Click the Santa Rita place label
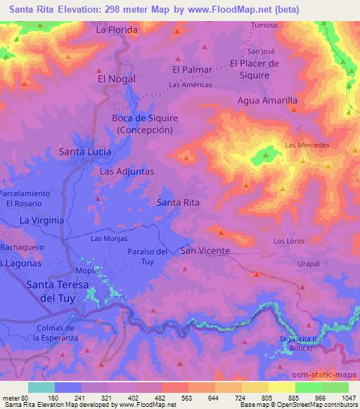point(179,202)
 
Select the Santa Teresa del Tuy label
point(56,291)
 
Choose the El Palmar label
point(192,69)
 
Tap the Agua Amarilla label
point(268,100)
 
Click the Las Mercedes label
point(307,145)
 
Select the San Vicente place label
point(205,251)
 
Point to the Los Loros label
point(288,241)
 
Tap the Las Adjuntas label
point(127,171)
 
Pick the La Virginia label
point(41,220)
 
